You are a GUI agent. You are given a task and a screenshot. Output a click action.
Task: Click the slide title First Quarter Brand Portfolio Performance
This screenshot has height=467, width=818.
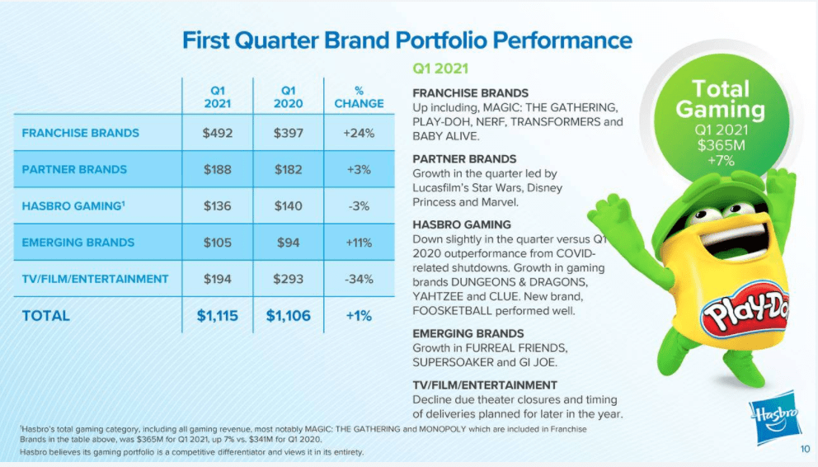click(x=407, y=40)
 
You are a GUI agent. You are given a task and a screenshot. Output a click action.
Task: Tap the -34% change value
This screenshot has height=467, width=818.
click(x=359, y=279)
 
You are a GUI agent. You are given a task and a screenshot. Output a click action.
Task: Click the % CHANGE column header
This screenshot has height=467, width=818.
click(x=359, y=97)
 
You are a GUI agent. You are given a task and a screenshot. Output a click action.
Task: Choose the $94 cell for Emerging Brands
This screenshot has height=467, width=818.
click(x=288, y=243)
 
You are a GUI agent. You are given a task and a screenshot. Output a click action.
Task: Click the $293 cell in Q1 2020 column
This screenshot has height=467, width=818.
click(x=288, y=279)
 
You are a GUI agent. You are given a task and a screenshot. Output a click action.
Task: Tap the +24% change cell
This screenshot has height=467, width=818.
click(x=359, y=133)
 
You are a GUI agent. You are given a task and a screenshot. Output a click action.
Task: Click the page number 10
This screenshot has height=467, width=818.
click(x=804, y=450)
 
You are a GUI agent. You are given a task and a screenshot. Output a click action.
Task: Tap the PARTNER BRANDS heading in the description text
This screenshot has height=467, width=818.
click(x=464, y=158)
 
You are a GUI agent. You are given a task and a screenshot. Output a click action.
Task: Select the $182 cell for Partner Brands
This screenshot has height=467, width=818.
click(x=288, y=169)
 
